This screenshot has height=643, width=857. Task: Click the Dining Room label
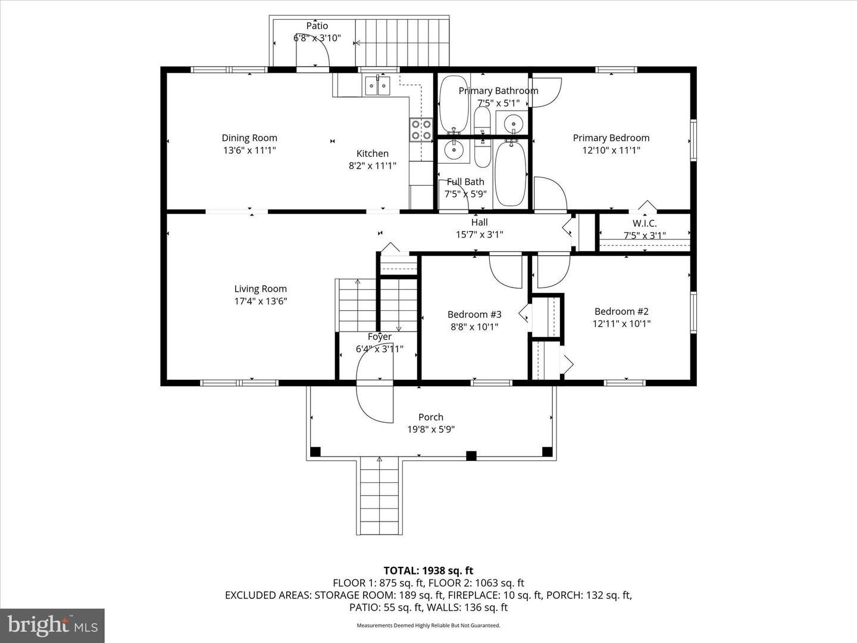coord(249,138)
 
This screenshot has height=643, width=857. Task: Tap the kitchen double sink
coord(377,86)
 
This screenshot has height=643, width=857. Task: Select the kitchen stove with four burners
coord(421,130)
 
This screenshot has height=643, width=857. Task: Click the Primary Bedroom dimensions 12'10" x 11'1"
coord(611,150)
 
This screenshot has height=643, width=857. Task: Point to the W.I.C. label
coord(645,223)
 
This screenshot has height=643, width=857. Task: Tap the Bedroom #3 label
coord(474,314)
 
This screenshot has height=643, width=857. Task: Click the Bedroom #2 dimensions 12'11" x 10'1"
coord(621,324)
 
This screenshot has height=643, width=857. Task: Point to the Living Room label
coord(260,289)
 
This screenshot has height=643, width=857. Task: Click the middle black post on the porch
coord(471,456)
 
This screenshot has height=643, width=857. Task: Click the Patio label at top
coord(317,26)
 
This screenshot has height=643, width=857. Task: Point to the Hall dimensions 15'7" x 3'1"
coord(479,235)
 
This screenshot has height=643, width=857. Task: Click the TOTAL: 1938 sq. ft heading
coord(428,571)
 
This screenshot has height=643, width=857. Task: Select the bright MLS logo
coord(52,625)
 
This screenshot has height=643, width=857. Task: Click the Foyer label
coord(379,337)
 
